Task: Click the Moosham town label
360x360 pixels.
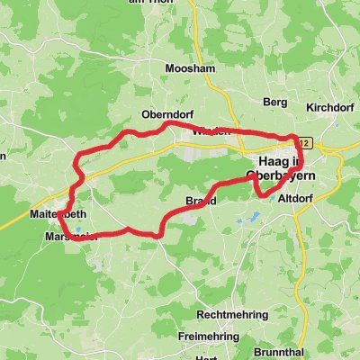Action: [x=187, y=67]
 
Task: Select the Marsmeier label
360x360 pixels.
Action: [x=67, y=237]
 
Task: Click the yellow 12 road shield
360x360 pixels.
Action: [x=306, y=142]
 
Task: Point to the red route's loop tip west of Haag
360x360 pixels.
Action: [x=249, y=179]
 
